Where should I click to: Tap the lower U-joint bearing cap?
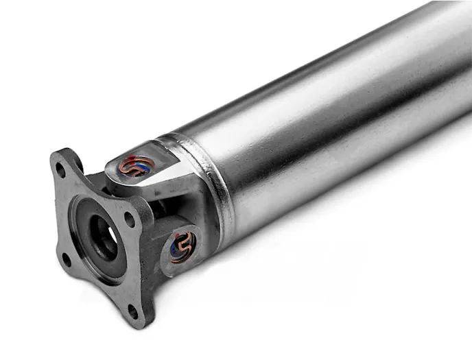182,246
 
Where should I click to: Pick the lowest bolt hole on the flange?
132,311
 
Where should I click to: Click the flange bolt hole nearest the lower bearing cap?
129,219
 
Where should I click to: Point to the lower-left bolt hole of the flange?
67,259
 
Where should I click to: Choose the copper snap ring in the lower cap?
181,247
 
